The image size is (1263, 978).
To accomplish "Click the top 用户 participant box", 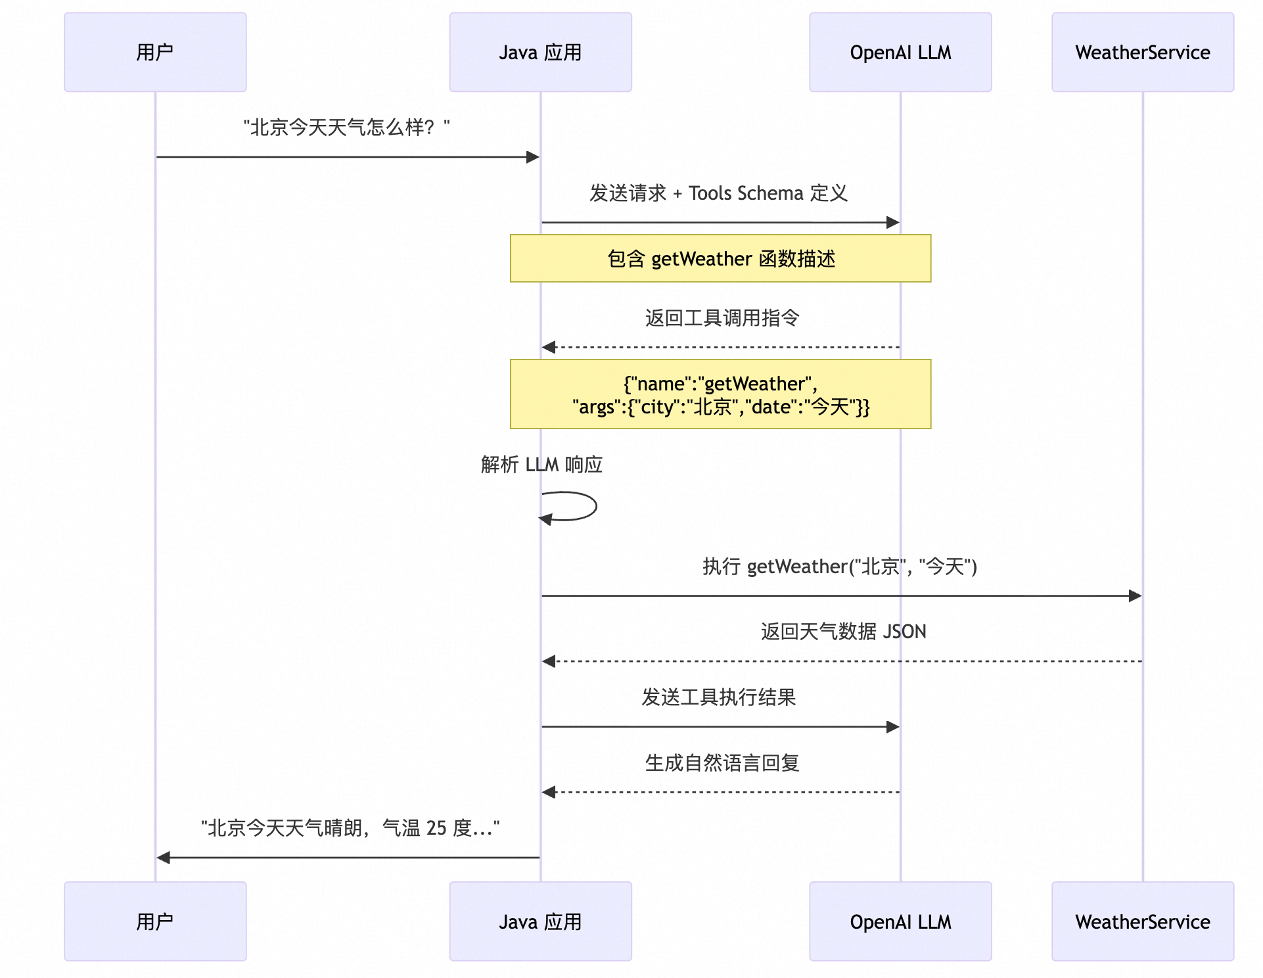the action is tap(155, 52).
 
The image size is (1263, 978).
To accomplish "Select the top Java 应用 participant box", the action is tap(540, 52).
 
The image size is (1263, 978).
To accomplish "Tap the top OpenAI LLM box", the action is tap(900, 52).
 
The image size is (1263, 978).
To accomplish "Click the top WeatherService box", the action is tap(1143, 52).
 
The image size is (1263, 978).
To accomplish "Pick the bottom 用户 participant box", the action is tap(155, 921).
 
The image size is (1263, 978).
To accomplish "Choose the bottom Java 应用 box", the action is tap(540, 921).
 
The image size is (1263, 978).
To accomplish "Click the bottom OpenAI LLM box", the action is tap(900, 921).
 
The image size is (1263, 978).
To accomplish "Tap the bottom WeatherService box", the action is tap(1143, 921).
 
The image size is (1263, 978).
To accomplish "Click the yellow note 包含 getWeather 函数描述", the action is tap(720, 258).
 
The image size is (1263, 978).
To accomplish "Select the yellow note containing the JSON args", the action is tap(720, 394).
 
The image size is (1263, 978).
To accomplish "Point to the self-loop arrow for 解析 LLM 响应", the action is tap(596, 506).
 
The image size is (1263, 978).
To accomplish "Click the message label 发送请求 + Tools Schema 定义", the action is tap(718, 193).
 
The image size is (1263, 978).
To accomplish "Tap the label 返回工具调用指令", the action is tap(722, 318).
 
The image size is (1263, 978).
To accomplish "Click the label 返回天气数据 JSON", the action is tap(844, 632).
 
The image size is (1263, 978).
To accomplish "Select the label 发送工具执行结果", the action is tap(719, 697).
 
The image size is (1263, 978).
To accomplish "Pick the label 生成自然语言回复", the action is tap(722, 763).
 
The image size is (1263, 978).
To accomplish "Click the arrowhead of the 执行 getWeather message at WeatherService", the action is tap(1136, 596).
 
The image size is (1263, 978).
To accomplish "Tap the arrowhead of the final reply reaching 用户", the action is tap(164, 858).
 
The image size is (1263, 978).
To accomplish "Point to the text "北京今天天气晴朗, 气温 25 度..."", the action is tap(350, 828).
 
